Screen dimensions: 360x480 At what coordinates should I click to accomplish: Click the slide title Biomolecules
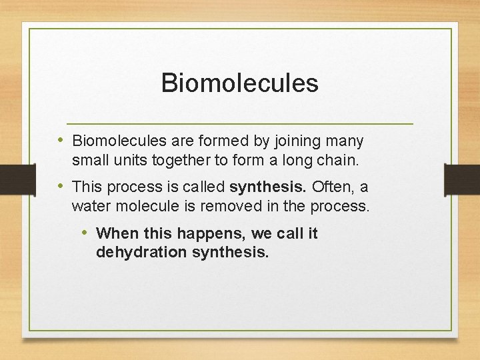pos(239,83)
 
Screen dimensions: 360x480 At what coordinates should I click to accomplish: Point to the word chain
pos(339,161)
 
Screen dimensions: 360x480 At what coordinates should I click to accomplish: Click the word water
pos(91,206)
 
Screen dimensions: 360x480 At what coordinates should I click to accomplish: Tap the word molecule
pos(147,206)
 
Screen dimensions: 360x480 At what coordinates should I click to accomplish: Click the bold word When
pos(116,233)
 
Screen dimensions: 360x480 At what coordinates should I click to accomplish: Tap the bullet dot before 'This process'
pos(61,186)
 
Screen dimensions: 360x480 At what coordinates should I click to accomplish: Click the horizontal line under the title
pos(239,124)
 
